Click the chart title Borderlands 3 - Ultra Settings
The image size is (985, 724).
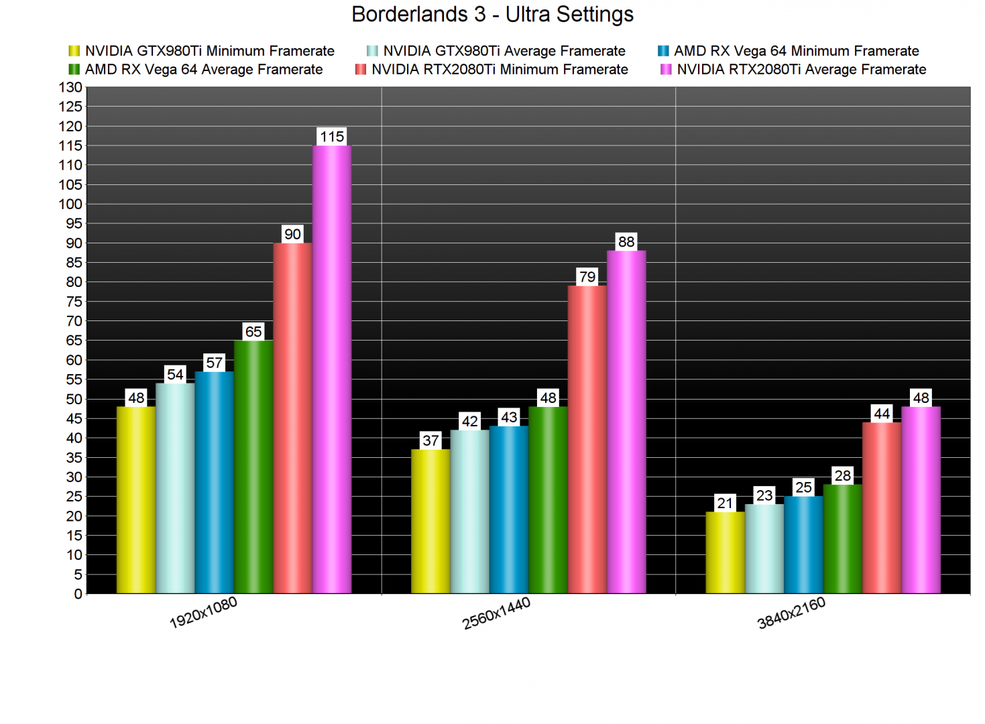coord(492,14)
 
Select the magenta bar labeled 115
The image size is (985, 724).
coord(332,369)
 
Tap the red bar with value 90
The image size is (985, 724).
coord(292,418)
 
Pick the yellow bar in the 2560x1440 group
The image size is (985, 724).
coord(430,521)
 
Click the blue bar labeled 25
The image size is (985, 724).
coord(803,544)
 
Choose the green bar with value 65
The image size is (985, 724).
coord(253,467)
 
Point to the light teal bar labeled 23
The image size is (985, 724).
coord(764,548)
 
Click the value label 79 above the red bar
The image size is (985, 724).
coord(587,277)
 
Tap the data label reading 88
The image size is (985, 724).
coord(626,242)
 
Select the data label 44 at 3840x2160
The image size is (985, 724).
coord(882,414)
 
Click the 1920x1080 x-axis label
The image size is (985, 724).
coord(203,613)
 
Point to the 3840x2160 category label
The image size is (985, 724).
coord(791,613)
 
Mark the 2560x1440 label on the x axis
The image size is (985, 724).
coord(496,613)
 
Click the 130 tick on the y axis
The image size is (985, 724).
coord(70,87)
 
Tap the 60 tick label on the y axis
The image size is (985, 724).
coord(74,360)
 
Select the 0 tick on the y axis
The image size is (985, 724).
coord(78,594)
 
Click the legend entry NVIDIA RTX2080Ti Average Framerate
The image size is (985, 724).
coord(801,70)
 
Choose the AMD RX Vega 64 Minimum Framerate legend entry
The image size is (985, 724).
coord(796,51)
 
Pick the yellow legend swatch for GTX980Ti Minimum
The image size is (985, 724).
coord(74,51)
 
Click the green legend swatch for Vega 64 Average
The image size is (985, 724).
coord(74,70)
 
